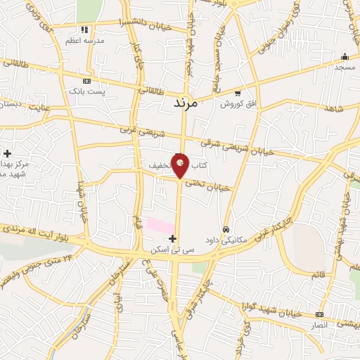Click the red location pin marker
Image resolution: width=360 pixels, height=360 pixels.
coord(181,165)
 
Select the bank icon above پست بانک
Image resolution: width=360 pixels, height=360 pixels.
coord(86,82)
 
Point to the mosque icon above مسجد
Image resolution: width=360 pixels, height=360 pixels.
coord(344,57)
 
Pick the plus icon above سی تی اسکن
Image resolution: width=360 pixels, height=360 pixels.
coord(173,239)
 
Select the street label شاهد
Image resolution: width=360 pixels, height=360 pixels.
coord(333,109)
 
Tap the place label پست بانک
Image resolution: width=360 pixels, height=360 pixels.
coord(86,92)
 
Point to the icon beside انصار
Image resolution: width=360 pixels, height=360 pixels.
coord(320,314)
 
